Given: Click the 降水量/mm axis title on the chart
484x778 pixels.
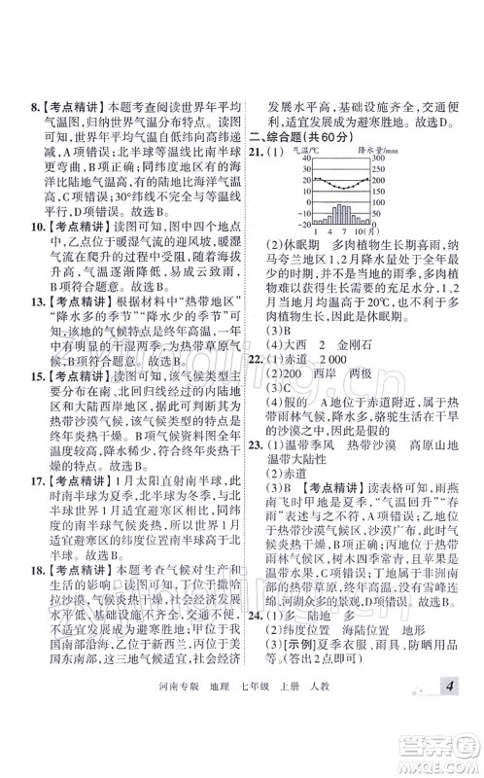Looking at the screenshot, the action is point(373,152).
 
